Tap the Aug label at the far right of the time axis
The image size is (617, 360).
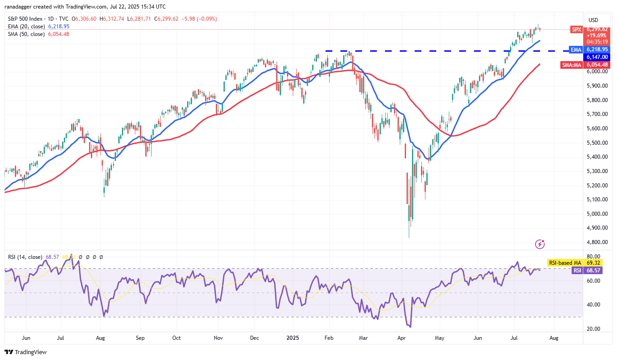554,338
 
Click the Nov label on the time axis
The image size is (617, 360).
219,338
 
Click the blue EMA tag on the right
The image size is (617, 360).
576,49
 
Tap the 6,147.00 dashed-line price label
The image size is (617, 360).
596,57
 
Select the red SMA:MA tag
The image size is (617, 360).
572,65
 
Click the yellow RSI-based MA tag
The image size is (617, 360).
564,262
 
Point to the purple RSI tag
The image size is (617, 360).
576,271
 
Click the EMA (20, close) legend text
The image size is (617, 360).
27,27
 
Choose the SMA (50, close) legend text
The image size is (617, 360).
27,34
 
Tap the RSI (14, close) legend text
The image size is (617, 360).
24,257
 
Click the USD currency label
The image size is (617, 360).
594,20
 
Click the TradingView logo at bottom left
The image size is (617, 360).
26,352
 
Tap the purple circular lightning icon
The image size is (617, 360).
540,244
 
